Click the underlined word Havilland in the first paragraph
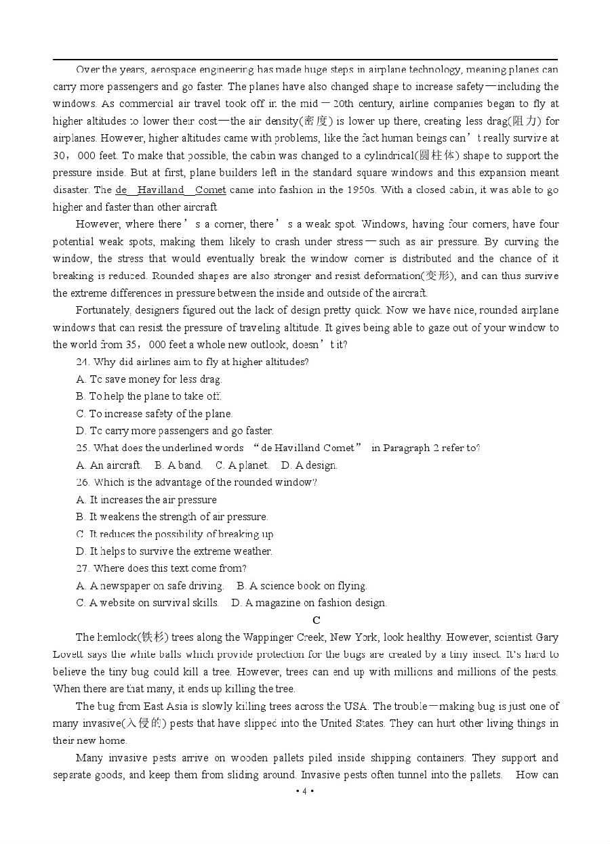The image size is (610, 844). (161, 190)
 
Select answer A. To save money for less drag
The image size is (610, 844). (149, 379)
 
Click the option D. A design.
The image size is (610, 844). (309, 465)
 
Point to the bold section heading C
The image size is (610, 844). (317, 620)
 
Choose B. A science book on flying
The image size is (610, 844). (302, 586)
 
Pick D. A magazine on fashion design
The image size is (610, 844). (309, 603)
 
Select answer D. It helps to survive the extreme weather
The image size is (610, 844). (174, 551)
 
